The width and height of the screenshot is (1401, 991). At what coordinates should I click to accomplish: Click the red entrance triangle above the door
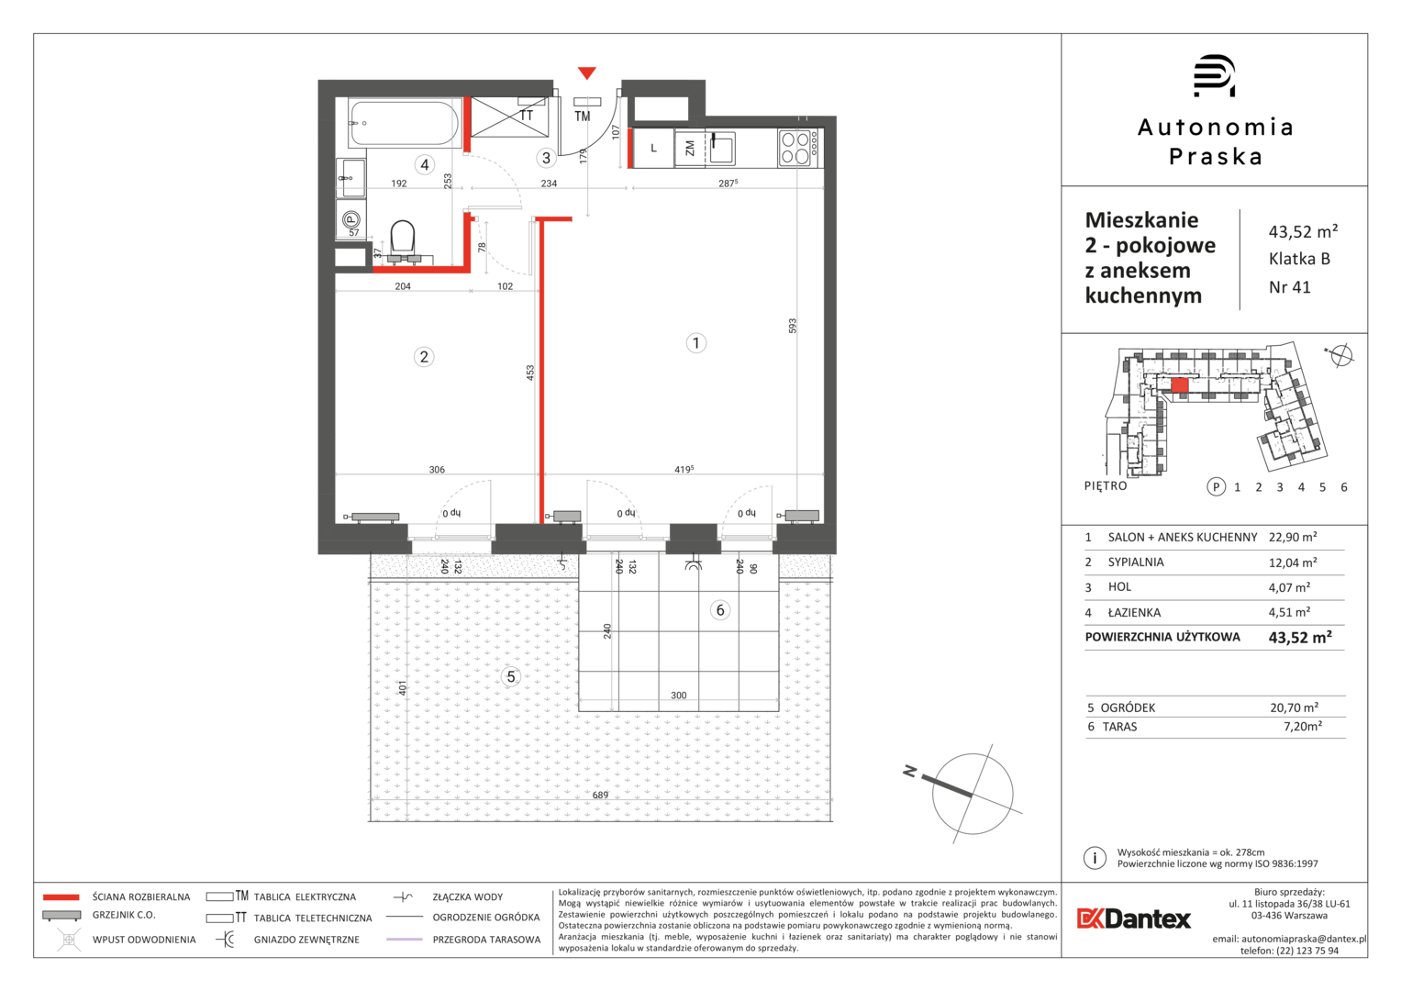pos(586,72)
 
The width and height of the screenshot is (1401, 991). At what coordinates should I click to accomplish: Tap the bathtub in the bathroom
pos(405,123)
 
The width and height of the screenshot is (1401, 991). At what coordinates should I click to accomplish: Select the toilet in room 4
pos(403,240)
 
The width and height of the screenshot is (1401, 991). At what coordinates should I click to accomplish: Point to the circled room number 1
pos(696,343)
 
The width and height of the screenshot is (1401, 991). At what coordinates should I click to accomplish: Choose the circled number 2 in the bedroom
pos(424,357)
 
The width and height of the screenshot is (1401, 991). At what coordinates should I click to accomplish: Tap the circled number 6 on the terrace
pos(720,610)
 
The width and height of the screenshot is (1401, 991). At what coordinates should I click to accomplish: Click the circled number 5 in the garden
pos(511,676)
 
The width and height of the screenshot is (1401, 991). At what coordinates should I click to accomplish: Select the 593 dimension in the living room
pos(793,326)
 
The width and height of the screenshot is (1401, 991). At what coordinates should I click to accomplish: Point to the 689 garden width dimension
pos(600,796)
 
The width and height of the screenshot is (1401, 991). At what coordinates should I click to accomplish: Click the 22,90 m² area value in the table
pos(1293,537)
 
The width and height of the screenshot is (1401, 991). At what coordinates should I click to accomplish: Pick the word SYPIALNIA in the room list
pos(1136,562)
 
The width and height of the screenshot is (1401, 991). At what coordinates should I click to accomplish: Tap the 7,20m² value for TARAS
pos(1303,727)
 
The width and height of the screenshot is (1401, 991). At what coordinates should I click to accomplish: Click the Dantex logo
pos(1134,919)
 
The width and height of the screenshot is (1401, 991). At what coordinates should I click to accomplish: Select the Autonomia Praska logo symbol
pos(1214,75)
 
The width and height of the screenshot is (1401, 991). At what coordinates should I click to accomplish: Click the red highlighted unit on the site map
pos(1180,385)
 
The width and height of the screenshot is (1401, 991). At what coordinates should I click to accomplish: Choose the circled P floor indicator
pos(1216,486)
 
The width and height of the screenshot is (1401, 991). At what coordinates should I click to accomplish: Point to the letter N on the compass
pos(910,772)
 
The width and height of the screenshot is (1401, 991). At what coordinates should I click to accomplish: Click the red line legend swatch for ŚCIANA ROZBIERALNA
pos(61,897)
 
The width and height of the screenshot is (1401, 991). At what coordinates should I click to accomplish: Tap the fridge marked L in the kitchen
pos(653,149)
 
